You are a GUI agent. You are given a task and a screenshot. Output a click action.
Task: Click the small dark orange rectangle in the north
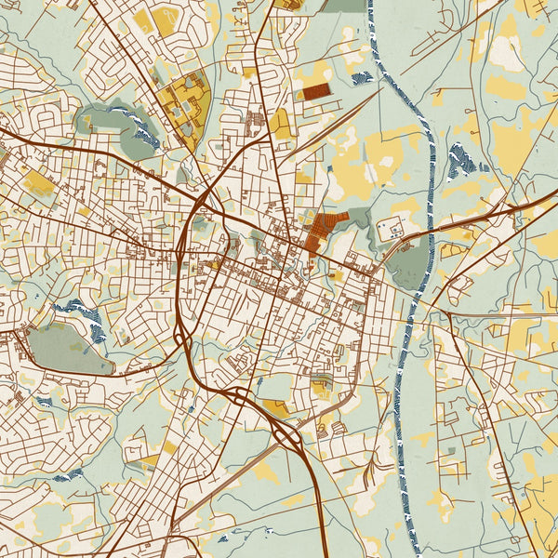317,91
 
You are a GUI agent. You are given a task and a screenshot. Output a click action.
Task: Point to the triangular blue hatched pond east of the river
460,163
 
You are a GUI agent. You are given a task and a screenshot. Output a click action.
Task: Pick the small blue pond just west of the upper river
362,77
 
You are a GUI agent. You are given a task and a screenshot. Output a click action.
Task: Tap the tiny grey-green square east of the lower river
450,452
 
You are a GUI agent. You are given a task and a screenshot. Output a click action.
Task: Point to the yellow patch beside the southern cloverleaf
277,406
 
